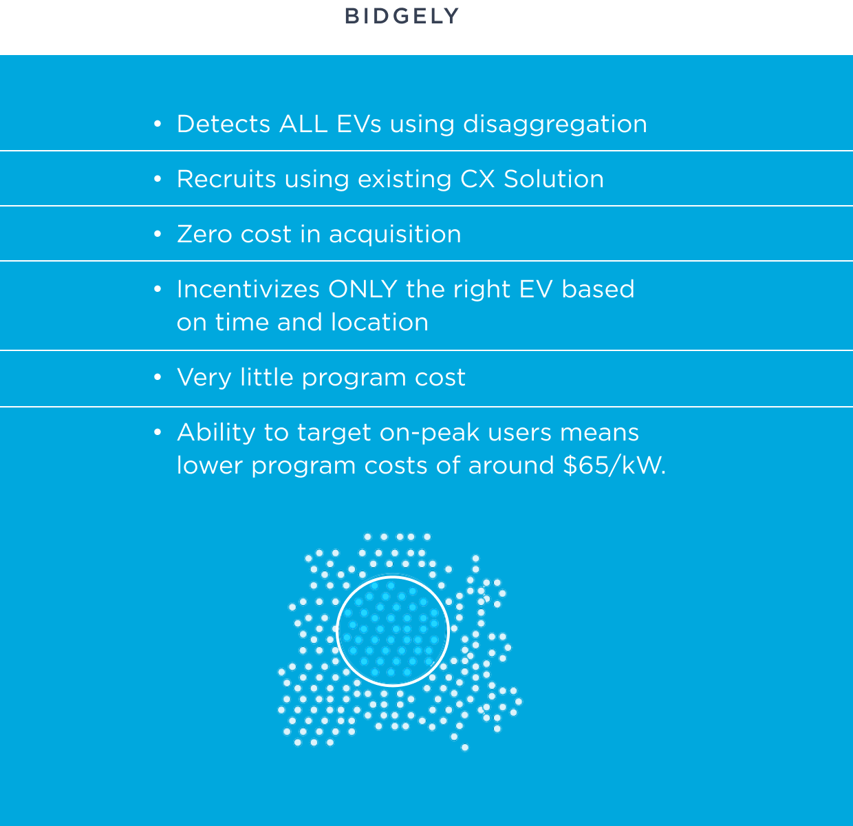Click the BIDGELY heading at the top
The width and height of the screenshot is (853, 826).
pyautogui.click(x=402, y=17)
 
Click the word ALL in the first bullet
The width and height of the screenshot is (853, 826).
pyautogui.click(x=303, y=124)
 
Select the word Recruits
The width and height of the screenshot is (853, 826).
pyautogui.click(x=226, y=179)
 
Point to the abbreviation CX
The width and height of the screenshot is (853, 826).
pyautogui.click(x=477, y=179)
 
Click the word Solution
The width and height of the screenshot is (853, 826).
pyautogui.click(x=554, y=179)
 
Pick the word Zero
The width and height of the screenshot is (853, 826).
pyautogui.click(x=204, y=234)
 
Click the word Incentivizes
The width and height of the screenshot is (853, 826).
pyautogui.click(x=248, y=289)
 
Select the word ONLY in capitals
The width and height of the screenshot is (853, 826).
pyautogui.click(x=363, y=289)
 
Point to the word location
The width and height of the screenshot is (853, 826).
pyautogui.click(x=380, y=322)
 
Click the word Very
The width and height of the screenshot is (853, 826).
pyautogui.click(x=204, y=378)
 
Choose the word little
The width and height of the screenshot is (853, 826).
pyautogui.click(x=266, y=377)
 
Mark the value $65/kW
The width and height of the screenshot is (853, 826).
pyautogui.click(x=614, y=465)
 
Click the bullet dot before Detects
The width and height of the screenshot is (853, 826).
pyautogui.click(x=158, y=124)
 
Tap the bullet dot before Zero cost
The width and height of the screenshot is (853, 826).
pyautogui.click(x=158, y=234)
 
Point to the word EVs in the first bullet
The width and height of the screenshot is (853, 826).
pyautogui.click(x=359, y=124)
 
